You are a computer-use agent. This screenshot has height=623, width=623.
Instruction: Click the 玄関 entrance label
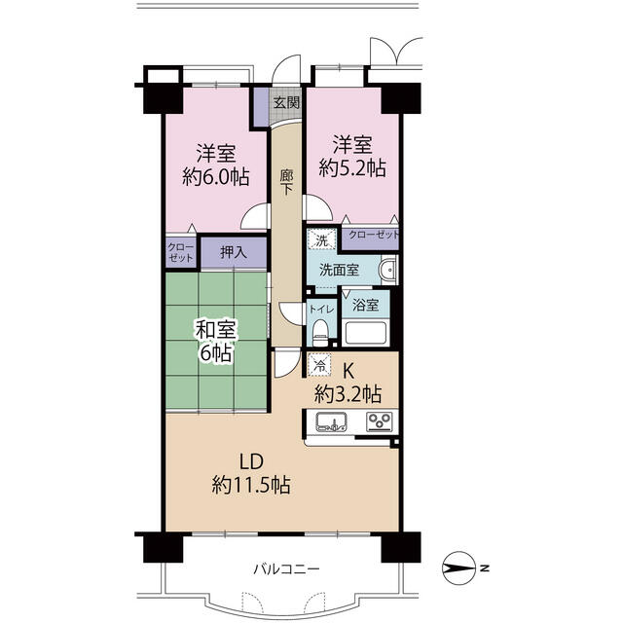click(x=286, y=103)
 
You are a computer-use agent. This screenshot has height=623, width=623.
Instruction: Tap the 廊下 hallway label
click(x=286, y=182)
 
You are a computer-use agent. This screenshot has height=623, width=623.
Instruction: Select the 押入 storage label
click(x=234, y=252)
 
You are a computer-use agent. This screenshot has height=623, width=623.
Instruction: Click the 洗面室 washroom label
click(x=339, y=271)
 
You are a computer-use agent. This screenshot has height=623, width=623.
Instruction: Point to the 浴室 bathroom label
click(x=365, y=305)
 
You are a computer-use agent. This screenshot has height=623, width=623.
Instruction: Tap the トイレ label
click(x=322, y=310)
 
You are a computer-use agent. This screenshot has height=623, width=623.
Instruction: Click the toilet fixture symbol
click(x=320, y=333)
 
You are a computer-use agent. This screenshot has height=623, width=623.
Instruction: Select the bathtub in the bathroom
click(x=366, y=333)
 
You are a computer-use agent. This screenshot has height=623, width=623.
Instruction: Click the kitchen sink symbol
click(x=331, y=421)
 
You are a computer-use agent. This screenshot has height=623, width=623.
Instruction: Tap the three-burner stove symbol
click(x=379, y=421)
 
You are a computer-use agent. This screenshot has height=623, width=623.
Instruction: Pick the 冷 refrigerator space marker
click(x=319, y=364)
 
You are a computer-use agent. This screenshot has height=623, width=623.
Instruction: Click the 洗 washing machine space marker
click(x=321, y=239)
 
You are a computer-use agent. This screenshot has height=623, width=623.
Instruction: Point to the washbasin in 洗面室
click(x=388, y=270)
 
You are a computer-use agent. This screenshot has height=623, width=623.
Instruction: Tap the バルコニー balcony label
click(x=286, y=569)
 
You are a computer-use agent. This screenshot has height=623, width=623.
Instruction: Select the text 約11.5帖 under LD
click(x=251, y=485)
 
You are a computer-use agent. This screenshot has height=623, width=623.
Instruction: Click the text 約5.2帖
click(x=352, y=168)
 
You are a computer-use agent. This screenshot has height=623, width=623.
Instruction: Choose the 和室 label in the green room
click(x=216, y=329)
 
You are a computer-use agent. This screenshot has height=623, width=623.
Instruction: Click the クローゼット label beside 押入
click(x=181, y=253)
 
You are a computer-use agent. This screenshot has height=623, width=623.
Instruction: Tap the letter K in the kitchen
click(x=348, y=372)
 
